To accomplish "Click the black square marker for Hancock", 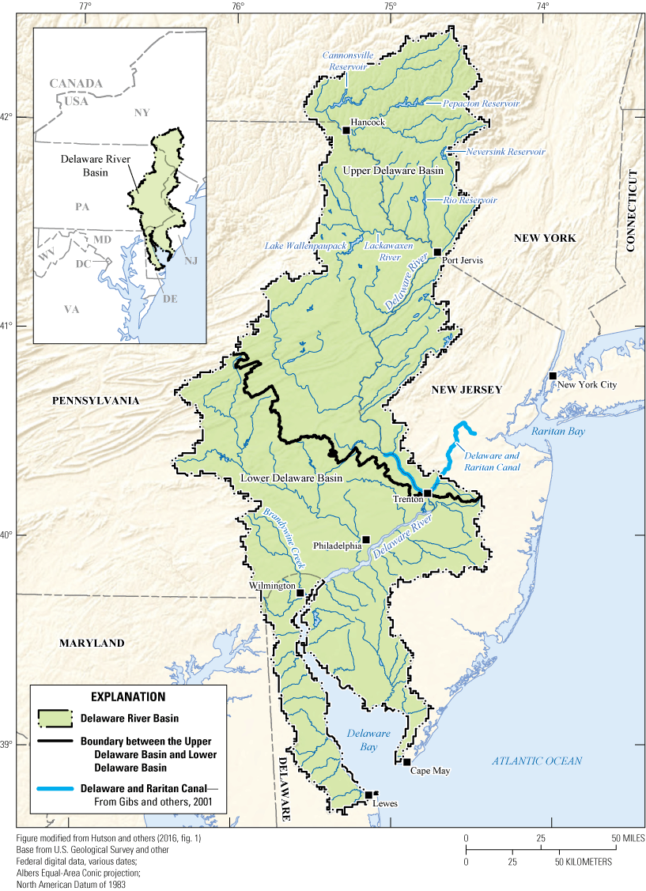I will [x=346, y=130].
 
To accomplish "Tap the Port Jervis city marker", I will [x=436, y=252].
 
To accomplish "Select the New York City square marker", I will [x=553, y=376].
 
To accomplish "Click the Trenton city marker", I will [x=427, y=493].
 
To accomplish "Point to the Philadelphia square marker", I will [x=365, y=539].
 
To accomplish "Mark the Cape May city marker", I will [x=406, y=762].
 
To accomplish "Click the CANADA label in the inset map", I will [x=76, y=83].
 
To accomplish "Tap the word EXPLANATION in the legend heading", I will [x=128, y=697].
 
